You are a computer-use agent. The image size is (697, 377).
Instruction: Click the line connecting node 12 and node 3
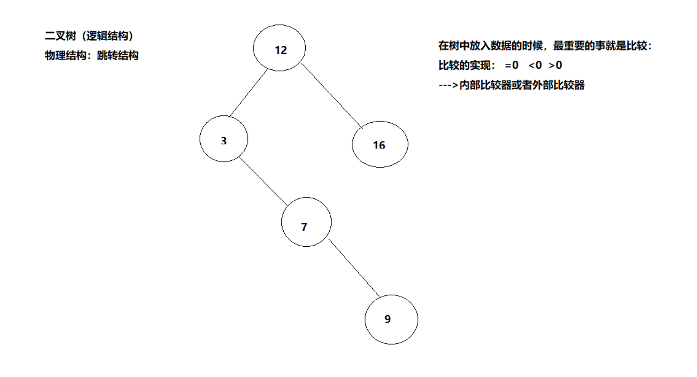click(x=248, y=93)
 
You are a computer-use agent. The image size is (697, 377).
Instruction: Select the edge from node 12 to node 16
click(x=332, y=96)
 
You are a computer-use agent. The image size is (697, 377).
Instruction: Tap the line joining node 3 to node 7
click(x=263, y=181)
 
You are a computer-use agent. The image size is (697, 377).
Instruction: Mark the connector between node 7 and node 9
click(x=354, y=268)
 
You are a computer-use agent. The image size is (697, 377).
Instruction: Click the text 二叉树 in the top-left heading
click(x=60, y=36)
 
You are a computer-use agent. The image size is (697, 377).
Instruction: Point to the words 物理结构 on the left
click(x=66, y=55)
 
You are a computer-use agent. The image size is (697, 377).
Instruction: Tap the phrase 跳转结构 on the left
click(x=118, y=55)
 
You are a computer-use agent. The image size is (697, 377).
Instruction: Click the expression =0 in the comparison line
click(x=512, y=65)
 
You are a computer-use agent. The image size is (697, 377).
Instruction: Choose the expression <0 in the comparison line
click(x=535, y=65)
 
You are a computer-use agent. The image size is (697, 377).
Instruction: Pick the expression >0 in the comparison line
click(x=555, y=65)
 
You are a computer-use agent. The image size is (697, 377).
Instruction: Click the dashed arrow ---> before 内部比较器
click(x=448, y=85)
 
